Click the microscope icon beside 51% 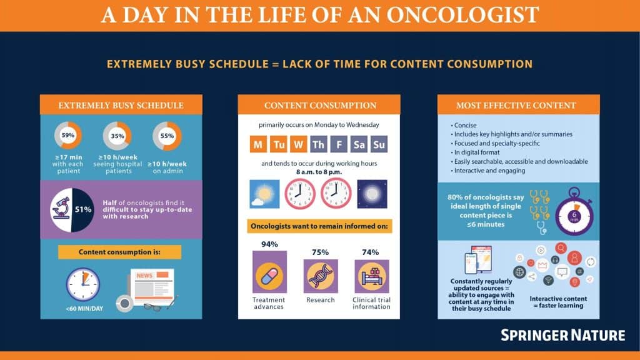61,207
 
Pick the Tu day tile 279,144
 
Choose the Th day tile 318,144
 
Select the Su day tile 379,144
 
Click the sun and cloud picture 264,194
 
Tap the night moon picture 372,194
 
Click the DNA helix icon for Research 321,276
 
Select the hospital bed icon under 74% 371,276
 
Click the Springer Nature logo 563,335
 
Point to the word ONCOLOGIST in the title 462,15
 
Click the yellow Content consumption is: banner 119,252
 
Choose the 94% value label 269,244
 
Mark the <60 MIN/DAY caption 84,309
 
